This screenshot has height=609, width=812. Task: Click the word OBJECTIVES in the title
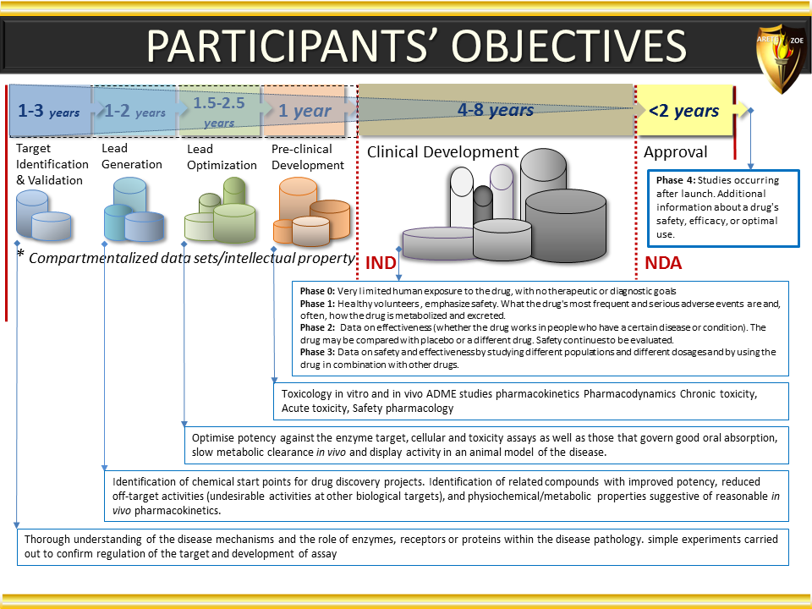point(569,46)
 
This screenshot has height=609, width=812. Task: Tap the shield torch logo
point(782,58)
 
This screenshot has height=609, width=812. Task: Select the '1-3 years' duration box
point(50,110)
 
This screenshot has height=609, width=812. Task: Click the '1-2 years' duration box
point(134,110)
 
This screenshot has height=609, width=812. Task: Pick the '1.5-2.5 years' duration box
point(219,112)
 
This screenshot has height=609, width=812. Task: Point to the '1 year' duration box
point(304,111)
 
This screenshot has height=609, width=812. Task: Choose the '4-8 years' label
point(495,110)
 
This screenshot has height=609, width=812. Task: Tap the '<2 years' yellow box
point(684,111)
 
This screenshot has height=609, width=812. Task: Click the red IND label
point(381,263)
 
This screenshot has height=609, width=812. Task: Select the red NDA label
point(663,263)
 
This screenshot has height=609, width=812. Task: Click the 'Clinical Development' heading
point(442,151)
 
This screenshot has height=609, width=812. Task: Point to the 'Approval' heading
point(675,152)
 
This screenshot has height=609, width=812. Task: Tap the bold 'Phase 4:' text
point(676,180)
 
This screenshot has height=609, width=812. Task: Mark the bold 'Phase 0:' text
point(317,291)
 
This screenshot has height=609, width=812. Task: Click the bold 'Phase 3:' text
point(317,352)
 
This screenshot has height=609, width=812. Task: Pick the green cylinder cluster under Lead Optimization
point(220,211)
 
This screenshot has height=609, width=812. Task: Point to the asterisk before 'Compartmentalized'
point(20,254)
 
